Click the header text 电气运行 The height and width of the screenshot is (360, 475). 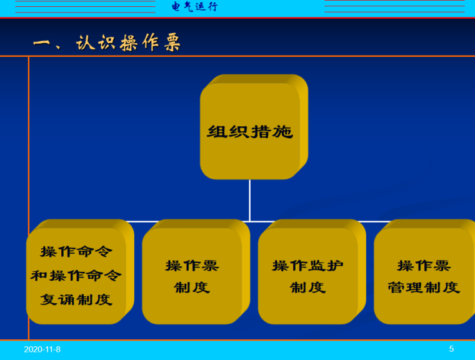[195, 7]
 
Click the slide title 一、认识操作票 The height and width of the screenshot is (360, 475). [107, 42]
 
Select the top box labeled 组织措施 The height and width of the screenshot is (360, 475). [250, 132]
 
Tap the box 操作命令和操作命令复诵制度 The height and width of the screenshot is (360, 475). [76, 276]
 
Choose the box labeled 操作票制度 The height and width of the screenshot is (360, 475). [192, 276]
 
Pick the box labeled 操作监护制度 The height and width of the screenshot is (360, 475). [307, 276]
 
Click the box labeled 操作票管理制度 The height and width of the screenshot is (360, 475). [423, 276]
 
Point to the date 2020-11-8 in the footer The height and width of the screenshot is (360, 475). [42, 349]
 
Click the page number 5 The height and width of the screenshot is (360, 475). [451, 349]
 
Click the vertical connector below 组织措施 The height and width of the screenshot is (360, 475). [250, 200]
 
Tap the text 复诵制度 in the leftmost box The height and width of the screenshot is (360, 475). [76, 299]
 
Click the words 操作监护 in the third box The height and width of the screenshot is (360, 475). [307, 265]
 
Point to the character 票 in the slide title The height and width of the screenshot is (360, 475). [170, 42]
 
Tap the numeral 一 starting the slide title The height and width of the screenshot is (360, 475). [41, 42]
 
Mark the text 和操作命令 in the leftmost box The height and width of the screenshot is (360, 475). [76, 276]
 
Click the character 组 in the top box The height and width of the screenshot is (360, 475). [217, 132]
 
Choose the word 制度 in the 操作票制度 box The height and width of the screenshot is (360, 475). [192, 287]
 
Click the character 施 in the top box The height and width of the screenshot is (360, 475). [282, 132]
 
